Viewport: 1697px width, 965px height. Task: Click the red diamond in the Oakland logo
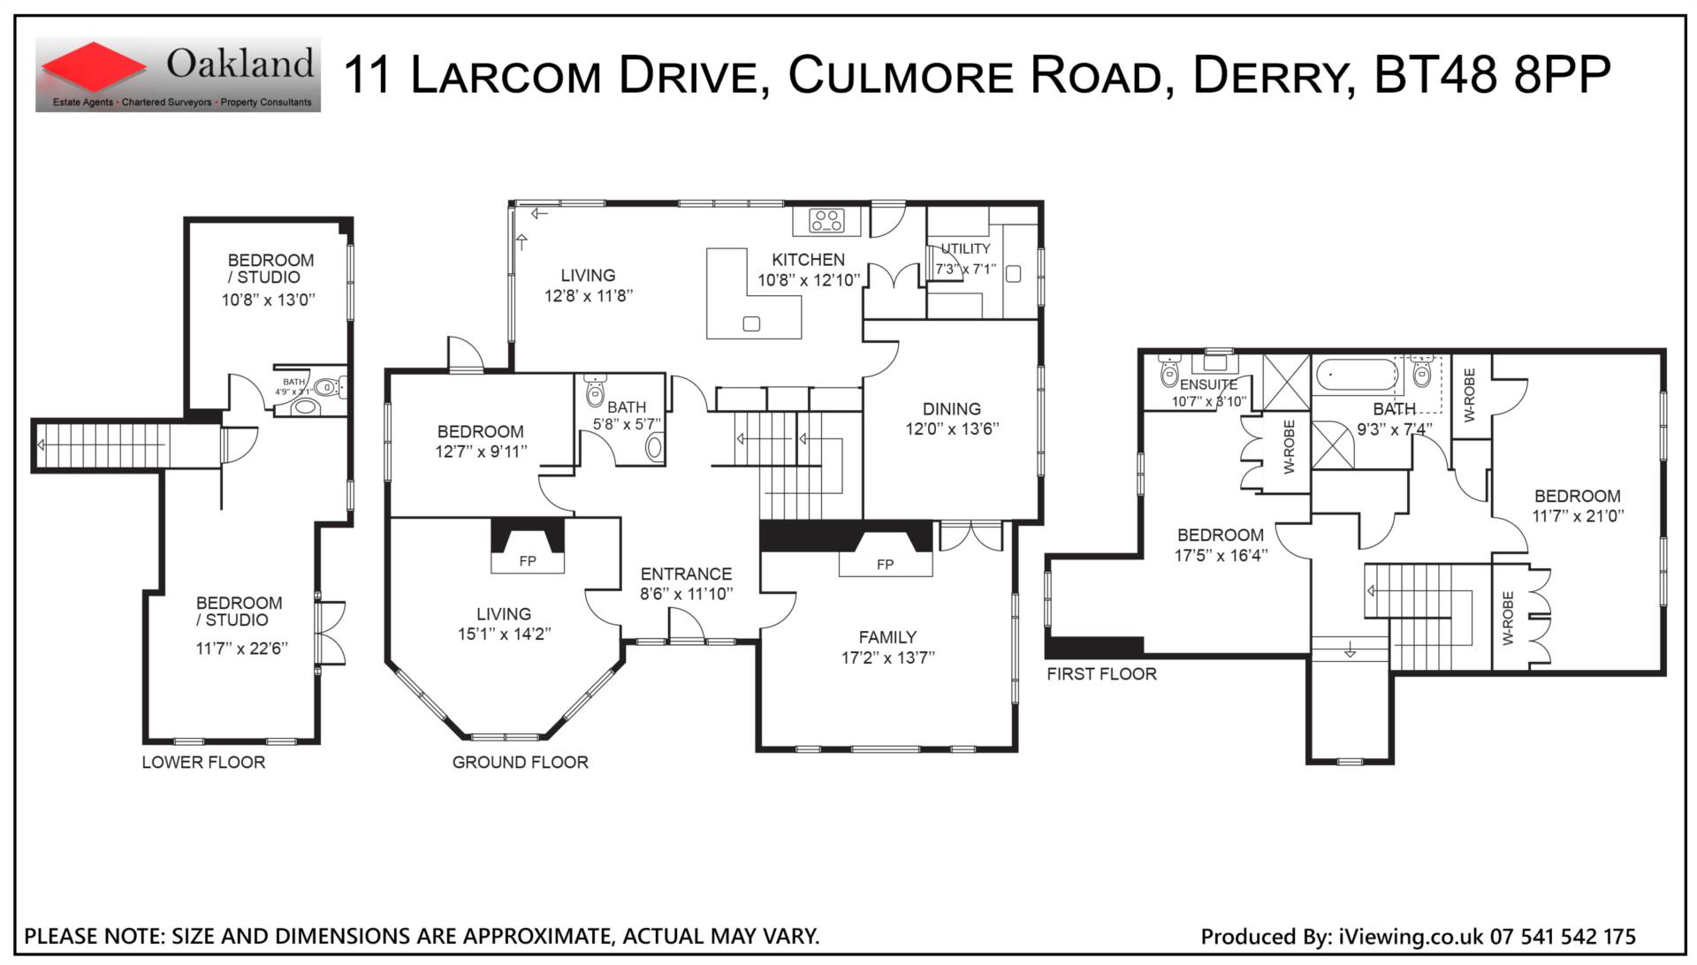pyautogui.click(x=93, y=67)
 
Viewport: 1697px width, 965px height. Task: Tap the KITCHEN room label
pyautogui.click(x=808, y=260)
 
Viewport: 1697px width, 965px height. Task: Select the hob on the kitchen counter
pyautogui.click(x=827, y=221)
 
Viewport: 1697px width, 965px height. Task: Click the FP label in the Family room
pyautogui.click(x=886, y=565)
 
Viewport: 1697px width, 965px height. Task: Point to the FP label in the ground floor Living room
pyautogui.click(x=528, y=561)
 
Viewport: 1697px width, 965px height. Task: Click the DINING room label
pyautogui.click(x=952, y=409)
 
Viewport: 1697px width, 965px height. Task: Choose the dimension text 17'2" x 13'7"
pyautogui.click(x=887, y=657)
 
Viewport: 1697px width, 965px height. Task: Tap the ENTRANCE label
pyautogui.click(x=686, y=574)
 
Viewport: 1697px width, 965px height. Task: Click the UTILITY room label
pyautogui.click(x=965, y=249)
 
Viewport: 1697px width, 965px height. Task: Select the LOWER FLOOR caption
pyautogui.click(x=203, y=763)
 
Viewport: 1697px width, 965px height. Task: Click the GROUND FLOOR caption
pyautogui.click(x=520, y=763)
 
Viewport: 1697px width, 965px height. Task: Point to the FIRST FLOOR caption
pyautogui.click(x=1101, y=674)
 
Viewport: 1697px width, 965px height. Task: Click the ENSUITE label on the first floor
pyautogui.click(x=1208, y=385)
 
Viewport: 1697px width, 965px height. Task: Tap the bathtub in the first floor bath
pyautogui.click(x=1356, y=376)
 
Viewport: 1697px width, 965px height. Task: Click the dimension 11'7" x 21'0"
pyautogui.click(x=1578, y=516)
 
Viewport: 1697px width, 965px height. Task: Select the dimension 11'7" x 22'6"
pyautogui.click(x=241, y=649)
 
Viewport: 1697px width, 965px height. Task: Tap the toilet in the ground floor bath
pyautogui.click(x=595, y=390)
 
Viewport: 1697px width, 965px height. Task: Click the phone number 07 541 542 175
pyautogui.click(x=1563, y=937)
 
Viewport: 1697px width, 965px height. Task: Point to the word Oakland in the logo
pyautogui.click(x=240, y=64)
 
